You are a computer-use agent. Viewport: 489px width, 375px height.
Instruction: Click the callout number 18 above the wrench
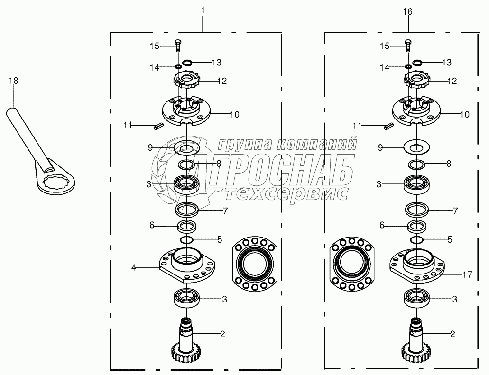pyautogui.click(x=13, y=81)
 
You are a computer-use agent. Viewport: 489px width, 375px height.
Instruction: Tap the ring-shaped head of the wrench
pyautogui.click(x=56, y=184)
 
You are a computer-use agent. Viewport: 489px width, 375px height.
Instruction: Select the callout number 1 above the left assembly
pyautogui.click(x=203, y=10)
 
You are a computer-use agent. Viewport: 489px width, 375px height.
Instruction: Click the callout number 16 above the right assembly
pyautogui.click(x=407, y=12)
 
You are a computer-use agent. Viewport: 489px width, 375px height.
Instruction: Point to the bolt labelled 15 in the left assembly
pyautogui.click(x=178, y=46)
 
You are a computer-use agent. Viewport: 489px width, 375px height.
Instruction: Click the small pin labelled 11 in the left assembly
pyautogui.click(x=159, y=127)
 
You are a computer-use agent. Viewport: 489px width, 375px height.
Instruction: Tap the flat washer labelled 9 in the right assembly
pyautogui.click(x=416, y=146)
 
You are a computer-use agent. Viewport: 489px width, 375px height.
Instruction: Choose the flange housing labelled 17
pyautogui.click(x=417, y=265)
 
